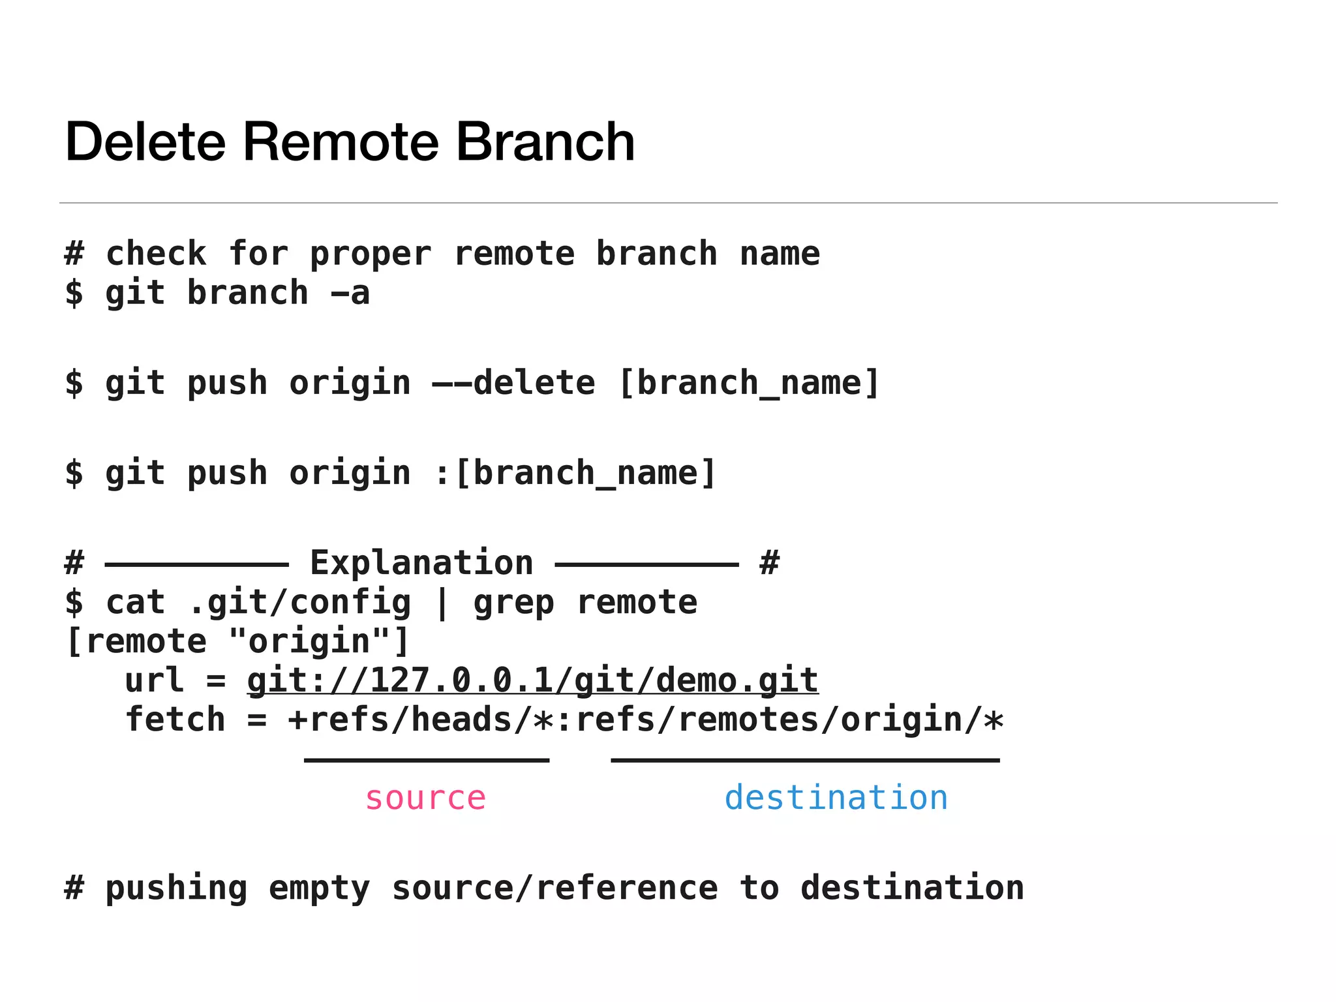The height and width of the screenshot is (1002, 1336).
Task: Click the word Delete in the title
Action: (145, 142)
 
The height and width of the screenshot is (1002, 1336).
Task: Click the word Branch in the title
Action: (545, 142)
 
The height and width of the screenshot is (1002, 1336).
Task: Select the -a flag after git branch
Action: (350, 294)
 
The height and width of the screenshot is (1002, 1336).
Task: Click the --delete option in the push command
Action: (513, 383)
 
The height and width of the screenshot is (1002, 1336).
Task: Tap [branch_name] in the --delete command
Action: (748, 383)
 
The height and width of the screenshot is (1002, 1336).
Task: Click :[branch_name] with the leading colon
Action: (575, 473)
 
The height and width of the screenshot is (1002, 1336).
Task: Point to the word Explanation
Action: (421, 563)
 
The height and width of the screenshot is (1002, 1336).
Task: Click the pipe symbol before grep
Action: (442, 603)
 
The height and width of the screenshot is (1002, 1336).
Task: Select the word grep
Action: (513, 603)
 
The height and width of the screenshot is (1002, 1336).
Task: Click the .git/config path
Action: (299, 603)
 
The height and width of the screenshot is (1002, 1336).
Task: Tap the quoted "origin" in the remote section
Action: (309, 642)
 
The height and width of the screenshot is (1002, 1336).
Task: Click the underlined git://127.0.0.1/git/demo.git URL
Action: (532, 681)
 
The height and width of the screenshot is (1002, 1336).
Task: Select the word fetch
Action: (175, 720)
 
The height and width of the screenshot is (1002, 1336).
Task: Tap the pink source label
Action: (425, 798)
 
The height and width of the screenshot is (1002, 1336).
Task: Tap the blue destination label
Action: (836, 798)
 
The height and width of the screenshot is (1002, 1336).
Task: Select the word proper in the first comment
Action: (371, 254)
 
